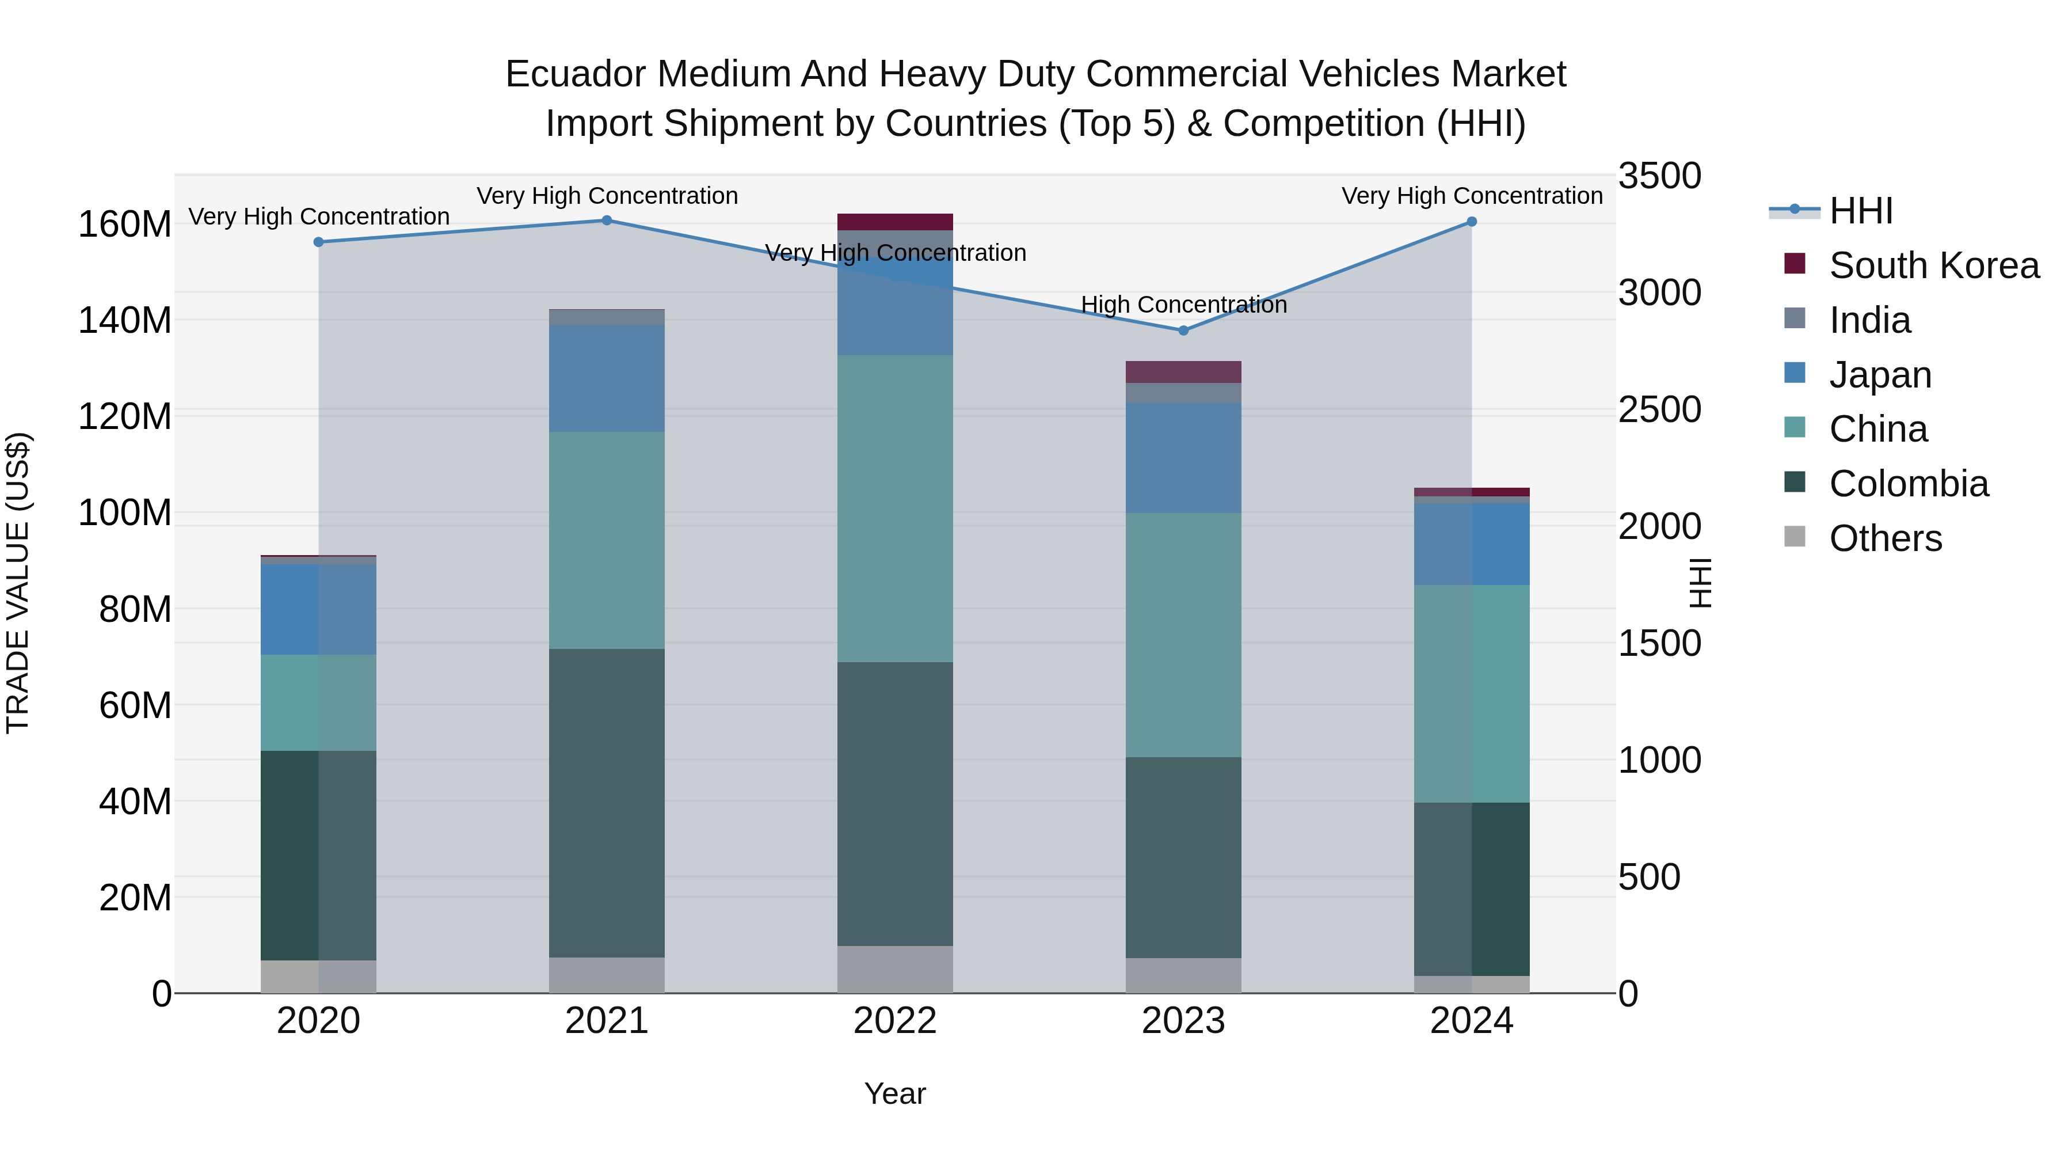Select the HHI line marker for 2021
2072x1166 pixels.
click(x=607, y=221)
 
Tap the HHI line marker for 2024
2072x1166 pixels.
click(x=1471, y=222)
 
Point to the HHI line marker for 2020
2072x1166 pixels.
click(x=318, y=242)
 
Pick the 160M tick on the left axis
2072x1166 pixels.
click(x=125, y=225)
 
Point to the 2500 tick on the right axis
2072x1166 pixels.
click(x=1659, y=409)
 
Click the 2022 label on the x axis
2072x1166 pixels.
click(x=894, y=1021)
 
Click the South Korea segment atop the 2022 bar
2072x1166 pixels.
click(x=894, y=222)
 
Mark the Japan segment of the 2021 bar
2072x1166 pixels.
click(x=607, y=378)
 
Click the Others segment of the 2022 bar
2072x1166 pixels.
click(x=894, y=969)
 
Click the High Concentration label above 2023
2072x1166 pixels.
click(x=1183, y=305)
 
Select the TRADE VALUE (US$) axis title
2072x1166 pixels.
click(x=18, y=583)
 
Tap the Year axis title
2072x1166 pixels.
click(x=894, y=1093)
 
